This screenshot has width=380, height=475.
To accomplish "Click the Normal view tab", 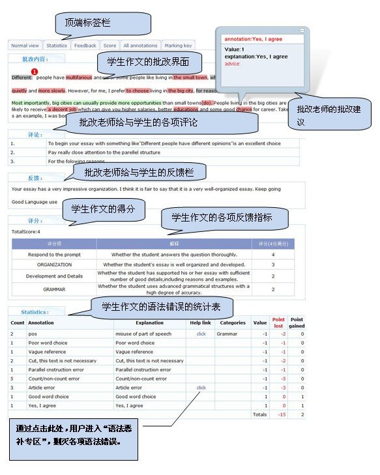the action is (x=25, y=46).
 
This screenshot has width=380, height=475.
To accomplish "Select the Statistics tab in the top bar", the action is (x=57, y=46).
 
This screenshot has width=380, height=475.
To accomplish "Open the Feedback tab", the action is (x=85, y=46).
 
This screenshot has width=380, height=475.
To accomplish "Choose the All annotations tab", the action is (x=140, y=46).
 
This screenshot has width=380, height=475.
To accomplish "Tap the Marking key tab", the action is (x=178, y=46).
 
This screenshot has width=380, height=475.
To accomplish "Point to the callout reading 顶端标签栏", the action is (x=88, y=23).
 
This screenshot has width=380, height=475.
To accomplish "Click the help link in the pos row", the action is (x=201, y=334).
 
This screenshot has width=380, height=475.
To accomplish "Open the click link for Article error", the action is (x=201, y=387).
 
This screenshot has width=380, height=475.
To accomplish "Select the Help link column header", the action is (x=201, y=323).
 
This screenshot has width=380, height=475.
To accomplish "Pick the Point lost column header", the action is (x=278, y=323).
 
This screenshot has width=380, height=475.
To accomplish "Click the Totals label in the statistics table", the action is (x=260, y=414).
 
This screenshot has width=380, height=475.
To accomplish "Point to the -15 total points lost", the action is (x=282, y=414).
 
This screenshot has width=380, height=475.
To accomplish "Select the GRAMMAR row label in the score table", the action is (x=54, y=289).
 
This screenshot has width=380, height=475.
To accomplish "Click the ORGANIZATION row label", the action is (x=54, y=265).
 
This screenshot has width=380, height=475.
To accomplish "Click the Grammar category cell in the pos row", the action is (x=227, y=334).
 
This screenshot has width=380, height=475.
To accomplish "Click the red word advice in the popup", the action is (x=232, y=64).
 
